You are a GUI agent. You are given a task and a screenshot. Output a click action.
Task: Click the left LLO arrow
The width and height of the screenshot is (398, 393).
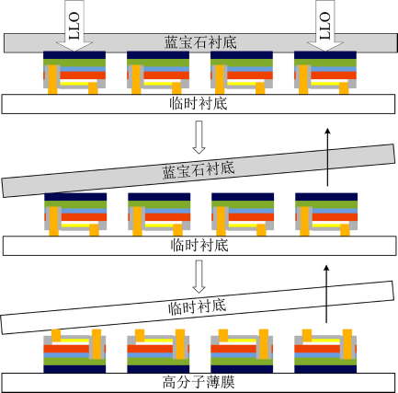[x=74, y=26]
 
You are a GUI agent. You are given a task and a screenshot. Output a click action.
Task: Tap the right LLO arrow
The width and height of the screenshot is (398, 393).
[x=325, y=26]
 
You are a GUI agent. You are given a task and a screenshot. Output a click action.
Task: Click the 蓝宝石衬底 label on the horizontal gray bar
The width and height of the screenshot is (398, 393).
[x=200, y=42]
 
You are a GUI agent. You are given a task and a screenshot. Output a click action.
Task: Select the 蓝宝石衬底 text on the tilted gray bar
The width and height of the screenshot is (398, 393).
[x=199, y=169]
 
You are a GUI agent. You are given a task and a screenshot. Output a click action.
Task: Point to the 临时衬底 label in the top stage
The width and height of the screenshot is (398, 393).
[x=199, y=104]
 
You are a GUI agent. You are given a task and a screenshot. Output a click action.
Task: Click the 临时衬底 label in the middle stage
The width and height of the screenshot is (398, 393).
[x=199, y=246]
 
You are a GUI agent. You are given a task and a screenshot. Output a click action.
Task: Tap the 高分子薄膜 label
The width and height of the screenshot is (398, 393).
[x=199, y=383]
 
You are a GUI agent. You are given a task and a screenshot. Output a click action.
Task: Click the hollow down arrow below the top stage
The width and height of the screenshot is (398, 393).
[x=199, y=137]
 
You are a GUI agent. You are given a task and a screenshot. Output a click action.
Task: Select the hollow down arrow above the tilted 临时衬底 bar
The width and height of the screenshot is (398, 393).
[x=199, y=276]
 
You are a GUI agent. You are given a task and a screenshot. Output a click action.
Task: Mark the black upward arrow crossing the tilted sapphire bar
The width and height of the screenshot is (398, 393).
[x=327, y=157]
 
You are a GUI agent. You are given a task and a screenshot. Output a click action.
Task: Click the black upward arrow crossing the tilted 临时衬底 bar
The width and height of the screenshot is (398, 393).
[x=326, y=294]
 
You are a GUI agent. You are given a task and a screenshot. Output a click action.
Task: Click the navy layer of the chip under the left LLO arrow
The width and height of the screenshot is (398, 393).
[x=74, y=55]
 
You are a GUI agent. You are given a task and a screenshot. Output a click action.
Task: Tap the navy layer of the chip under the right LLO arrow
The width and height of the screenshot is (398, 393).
[x=325, y=55]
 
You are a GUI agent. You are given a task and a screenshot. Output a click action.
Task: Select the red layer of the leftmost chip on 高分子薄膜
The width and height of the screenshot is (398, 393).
[x=66, y=349]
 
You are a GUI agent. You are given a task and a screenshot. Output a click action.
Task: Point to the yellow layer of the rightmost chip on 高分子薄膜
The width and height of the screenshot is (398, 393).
[x=323, y=341]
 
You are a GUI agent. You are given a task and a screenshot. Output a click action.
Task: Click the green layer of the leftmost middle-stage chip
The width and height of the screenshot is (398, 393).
[x=75, y=204]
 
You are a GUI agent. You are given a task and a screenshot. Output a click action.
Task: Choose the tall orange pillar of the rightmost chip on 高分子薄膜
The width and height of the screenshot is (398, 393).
[x=347, y=344]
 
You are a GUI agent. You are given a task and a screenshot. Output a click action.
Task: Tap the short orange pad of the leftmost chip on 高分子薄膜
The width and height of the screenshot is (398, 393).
[x=56, y=335]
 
